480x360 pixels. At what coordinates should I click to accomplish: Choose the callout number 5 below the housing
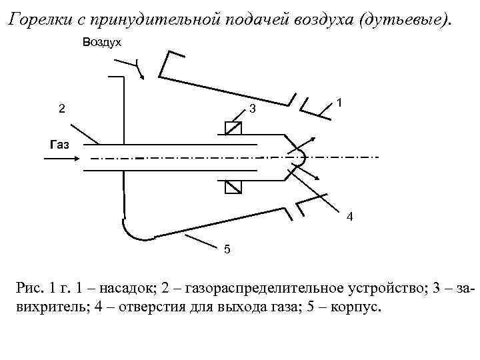227,249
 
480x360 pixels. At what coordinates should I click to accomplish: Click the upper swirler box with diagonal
233,129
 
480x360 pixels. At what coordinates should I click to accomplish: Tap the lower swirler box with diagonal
233,187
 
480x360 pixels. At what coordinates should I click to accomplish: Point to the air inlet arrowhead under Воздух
142,75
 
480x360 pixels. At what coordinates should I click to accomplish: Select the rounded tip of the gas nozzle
300,157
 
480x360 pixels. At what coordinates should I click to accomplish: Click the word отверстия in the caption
170,309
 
